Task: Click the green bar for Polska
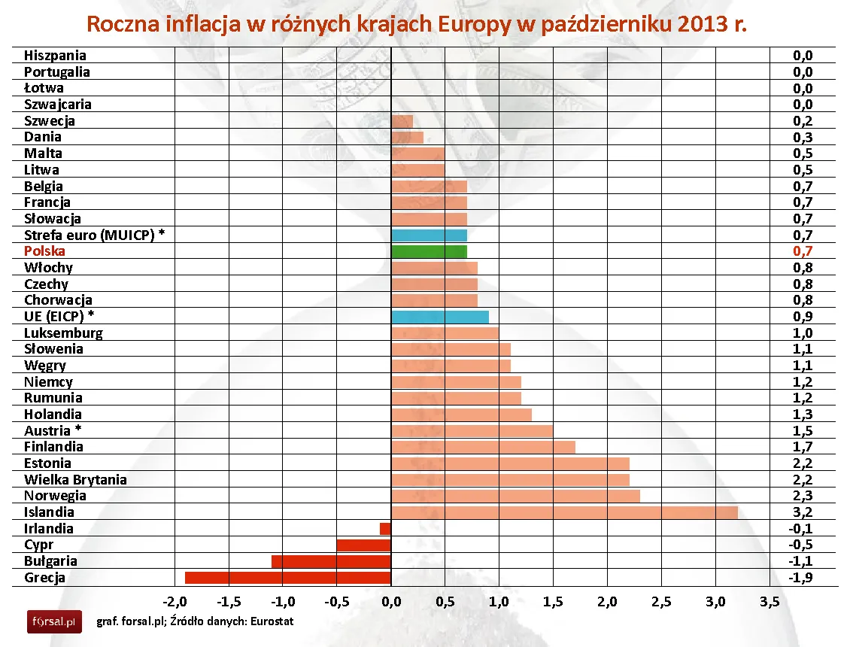pos(429,251)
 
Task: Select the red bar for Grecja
pos(288,578)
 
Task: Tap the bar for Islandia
pos(564,512)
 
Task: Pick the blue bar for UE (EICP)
pos(440,317)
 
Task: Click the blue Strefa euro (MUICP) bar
pos(429,235)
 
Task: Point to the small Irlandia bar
pos(385,529)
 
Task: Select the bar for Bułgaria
pos(331,561)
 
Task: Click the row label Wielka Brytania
pos(75,480)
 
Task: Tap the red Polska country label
pos(44,251)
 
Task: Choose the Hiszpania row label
pos(55,55)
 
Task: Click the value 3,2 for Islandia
pos(803,513)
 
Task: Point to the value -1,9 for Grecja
pos(801,579)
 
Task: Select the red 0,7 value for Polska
pos(803,252)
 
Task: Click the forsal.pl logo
pos(54,621)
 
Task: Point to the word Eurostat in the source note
pos(269,621)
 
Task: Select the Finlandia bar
pos(483,447)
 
